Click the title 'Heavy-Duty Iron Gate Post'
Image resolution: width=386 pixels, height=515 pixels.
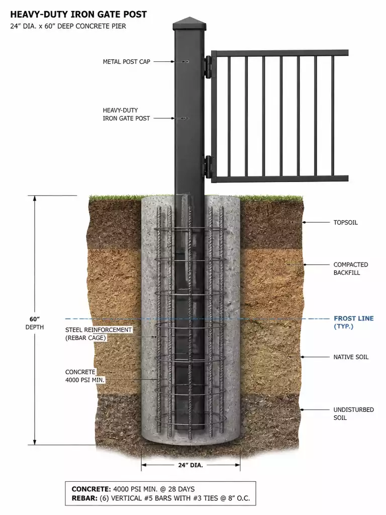tap(78, 15)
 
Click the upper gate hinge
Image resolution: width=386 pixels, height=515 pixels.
tap(209, 67)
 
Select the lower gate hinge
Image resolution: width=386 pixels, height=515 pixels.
tap(209, 167)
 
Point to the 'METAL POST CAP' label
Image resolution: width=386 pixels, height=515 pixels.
tap(126, 62)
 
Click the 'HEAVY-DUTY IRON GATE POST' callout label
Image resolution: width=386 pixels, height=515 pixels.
tap(126, 114)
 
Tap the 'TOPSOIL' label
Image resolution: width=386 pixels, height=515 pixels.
tap(345, 222)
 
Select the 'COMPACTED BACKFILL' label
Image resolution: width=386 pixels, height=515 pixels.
tap(350, 269)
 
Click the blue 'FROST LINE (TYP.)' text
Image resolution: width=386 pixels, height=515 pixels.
tap(353, 322)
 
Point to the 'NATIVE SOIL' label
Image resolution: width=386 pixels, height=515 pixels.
tap(351, 357)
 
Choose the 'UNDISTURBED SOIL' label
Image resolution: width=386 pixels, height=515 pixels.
tap(353, 414)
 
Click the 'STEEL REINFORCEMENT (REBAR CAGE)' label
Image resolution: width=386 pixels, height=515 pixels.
tap(98, 334)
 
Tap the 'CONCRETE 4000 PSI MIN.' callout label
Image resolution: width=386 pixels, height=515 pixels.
tap(84, 376)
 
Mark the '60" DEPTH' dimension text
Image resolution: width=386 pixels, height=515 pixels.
tap(35, 323)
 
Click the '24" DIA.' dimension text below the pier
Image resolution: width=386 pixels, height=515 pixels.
tap(190, 465)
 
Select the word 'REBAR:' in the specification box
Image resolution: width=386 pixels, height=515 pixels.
tap(84, 498)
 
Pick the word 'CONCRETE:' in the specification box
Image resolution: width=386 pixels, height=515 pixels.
tap(91, 489)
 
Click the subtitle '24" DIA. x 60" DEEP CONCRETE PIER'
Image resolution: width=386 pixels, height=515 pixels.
tap(68, 26)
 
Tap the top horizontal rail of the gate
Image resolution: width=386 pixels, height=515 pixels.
tap(279, 53)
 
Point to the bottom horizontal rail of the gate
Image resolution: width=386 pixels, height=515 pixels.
tap(279, 179)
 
